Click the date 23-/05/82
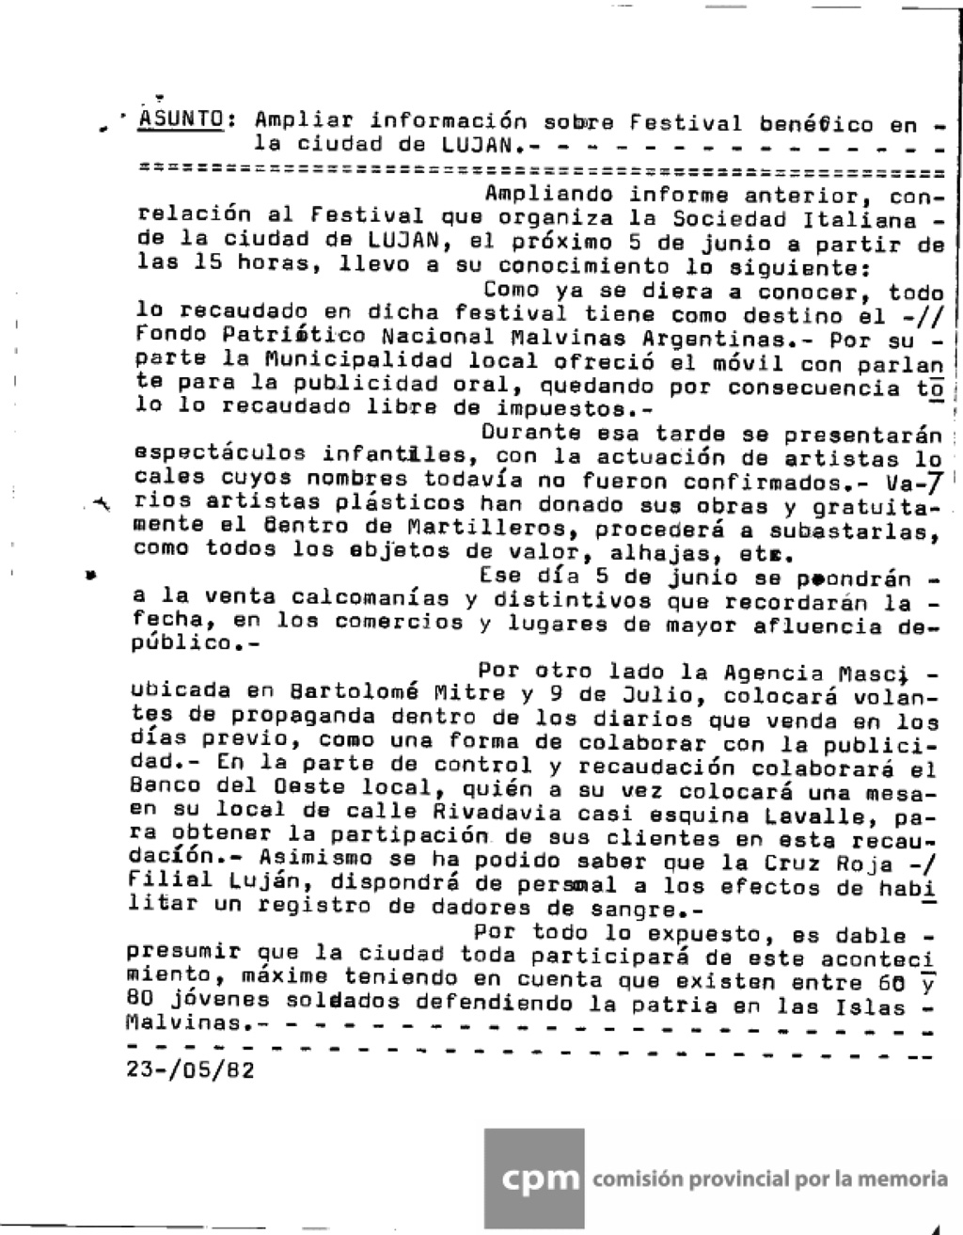pos(189,1071)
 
